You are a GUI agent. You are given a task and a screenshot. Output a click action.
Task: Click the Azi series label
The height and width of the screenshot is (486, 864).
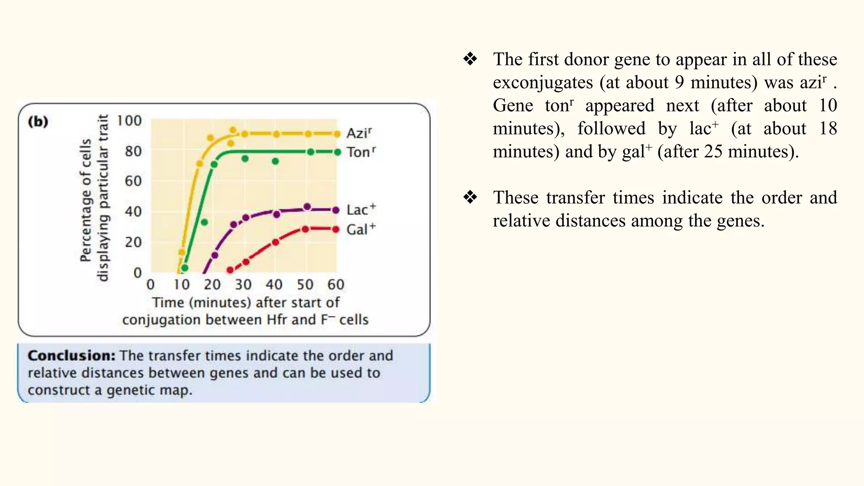pyautogui.click(x=359, y=133)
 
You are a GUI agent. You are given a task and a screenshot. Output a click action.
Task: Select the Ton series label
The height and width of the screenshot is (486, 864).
pyautogui.click(x=361, y=152)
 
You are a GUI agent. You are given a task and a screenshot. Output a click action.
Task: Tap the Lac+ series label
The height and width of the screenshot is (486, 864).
pyautogui.click(x=361, y=210)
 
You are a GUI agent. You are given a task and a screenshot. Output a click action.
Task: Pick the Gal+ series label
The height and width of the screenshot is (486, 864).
pyautogui.click(x=361, y=229)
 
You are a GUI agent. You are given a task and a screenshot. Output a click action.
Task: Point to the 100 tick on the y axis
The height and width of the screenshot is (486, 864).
pyautogui.click(x=129, y=121)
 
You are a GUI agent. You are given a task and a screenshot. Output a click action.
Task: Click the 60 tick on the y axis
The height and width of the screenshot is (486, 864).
pyautogui.click(x=133, y=181)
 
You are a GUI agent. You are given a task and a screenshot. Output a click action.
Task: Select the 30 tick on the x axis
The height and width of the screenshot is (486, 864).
pyautogui.click(x=243, y=284)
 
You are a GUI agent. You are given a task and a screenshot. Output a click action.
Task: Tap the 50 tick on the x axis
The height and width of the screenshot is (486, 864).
pyautogui.click(x=305, y=284)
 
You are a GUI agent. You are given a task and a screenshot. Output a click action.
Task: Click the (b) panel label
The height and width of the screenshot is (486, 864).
pyautogui.click(x=38, y=121)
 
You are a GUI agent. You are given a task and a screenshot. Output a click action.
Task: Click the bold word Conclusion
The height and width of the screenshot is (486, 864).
pyautogui.click(x=71, y=356)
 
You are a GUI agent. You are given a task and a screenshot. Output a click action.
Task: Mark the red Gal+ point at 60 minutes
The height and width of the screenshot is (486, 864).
pyautogui.click(x=336, y=229)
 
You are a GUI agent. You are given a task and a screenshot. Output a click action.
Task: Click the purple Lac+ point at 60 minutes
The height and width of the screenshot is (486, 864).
pyautogui.click(x=336, y=210)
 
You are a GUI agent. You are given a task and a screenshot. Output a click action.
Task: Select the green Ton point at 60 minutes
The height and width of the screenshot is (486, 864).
pyautogui.click(x=337, y=152)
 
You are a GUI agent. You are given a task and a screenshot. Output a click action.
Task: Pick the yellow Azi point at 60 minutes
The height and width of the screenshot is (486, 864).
pyautogui.click(x=337, y=134)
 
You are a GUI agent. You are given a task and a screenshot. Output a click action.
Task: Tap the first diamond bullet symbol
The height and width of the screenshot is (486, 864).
pyautogui.click(x=470, y=59)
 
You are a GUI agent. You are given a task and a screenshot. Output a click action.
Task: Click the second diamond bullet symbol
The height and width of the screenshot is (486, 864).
pyautogui.click(x=470, y=197)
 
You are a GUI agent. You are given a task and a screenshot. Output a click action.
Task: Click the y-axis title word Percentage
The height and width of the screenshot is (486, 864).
pyautogui.click(x=86, y=200)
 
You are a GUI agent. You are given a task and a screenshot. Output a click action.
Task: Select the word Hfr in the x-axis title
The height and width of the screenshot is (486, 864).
pyautogui.click(x=277, y=320)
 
